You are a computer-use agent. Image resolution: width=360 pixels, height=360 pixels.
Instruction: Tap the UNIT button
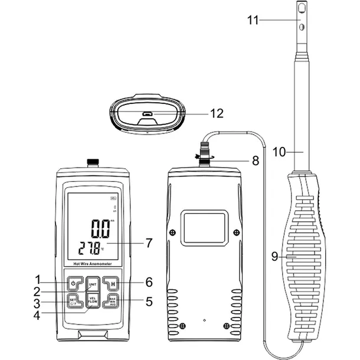click(92, 284)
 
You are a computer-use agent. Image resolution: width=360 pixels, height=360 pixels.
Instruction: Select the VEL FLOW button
click(92, 301)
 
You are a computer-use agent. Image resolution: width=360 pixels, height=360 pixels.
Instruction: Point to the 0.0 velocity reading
click(100, 227)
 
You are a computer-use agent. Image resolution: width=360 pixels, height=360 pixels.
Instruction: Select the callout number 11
click(253, 20)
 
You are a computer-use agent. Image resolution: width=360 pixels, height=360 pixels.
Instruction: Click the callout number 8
click(256, 159)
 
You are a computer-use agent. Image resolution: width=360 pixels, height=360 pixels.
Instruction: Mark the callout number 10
click(279, 152)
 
